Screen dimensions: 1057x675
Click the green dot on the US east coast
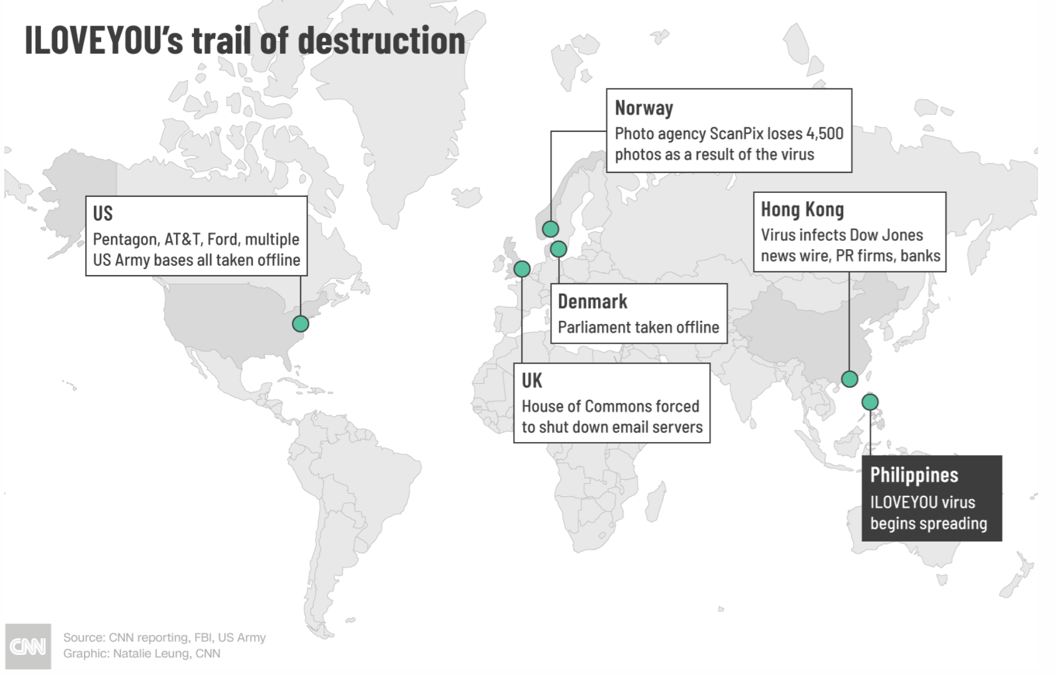[300, 324]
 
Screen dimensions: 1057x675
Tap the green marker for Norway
[550, 229]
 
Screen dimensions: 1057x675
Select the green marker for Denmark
[559, 249]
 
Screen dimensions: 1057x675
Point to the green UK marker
[522, 269]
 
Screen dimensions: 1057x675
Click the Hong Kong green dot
[849, 379]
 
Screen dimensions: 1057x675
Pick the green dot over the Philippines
[870, 401]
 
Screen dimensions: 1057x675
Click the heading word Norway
[644, 108]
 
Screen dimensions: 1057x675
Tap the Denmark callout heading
[592, 301]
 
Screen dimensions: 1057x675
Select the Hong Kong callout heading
[802, 210]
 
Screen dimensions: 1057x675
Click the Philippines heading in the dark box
[914, 475]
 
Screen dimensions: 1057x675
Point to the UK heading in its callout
[532, 381]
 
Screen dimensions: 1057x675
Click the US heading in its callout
[103, 214]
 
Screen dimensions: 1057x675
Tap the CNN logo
[28, 647]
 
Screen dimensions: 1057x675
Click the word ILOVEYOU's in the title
[104, 41]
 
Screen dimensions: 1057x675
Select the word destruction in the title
[382, 41]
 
